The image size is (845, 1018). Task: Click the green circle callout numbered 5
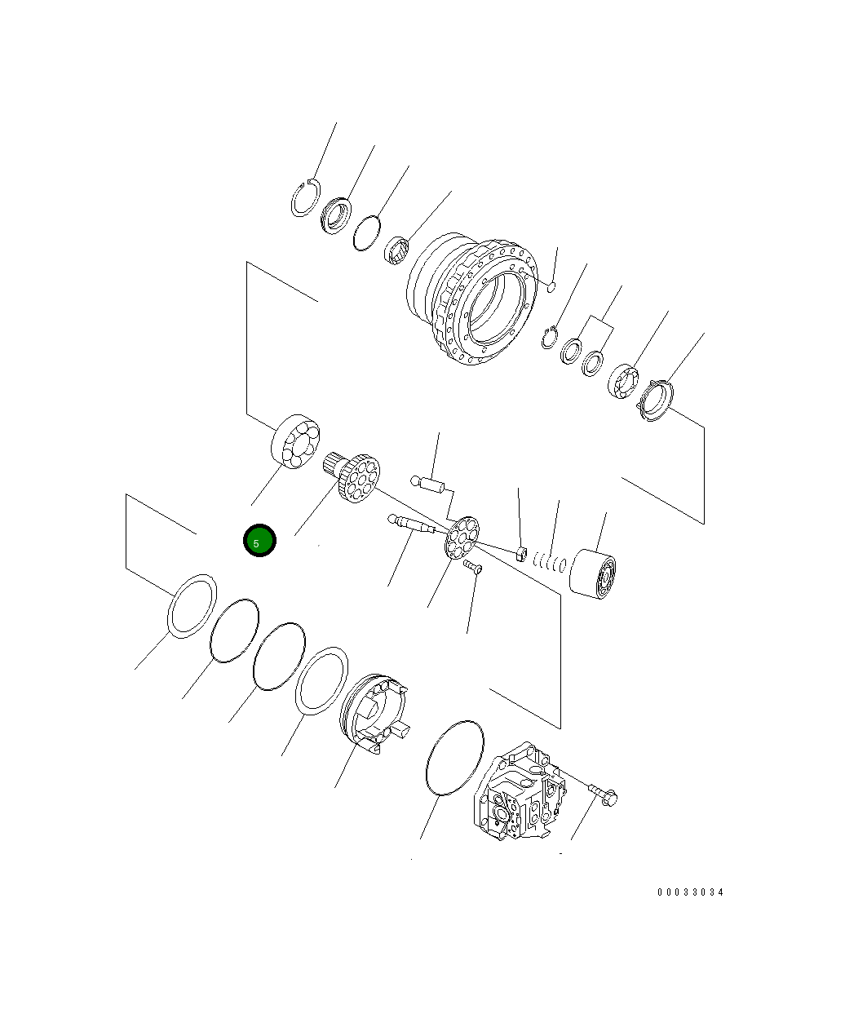(x=260, y=541)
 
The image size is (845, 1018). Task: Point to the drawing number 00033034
(x=690, y=892)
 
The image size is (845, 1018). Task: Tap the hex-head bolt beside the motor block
(x=604, y=790)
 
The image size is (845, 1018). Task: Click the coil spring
(x=551, y=561)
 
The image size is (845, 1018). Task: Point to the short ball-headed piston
(x=427, y=485)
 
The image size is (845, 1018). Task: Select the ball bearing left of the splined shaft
(x=295, y=441)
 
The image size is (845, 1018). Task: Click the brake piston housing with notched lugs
(x=372, y=710)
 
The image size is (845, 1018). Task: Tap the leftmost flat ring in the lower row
(x=192, y=604)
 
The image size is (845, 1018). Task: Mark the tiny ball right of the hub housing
(x=551, y=285)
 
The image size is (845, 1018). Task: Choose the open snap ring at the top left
(x=304, y=198)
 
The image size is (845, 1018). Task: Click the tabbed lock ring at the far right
(x=656, y=401)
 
